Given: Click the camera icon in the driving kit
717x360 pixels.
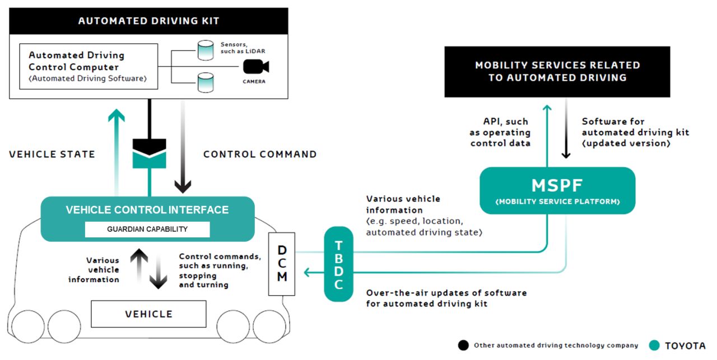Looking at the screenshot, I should coord(256,67).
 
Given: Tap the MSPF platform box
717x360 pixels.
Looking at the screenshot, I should coord(557,190).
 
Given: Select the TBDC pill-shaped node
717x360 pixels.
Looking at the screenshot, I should coord(338,264).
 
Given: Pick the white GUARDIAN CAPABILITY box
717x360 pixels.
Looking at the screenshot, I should coord(147,230).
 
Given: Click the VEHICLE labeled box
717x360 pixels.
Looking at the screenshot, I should coord(148,314).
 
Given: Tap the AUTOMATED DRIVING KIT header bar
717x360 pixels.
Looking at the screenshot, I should coord(148,21).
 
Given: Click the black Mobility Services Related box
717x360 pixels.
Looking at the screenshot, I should coord(557,72).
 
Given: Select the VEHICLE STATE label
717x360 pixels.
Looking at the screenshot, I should coord(52,154).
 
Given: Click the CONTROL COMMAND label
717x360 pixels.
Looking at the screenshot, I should coord(260,154).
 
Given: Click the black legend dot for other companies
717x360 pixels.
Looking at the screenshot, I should coord(463,345).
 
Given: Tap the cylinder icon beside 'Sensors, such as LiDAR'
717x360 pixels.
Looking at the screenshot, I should coord(206,50).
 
